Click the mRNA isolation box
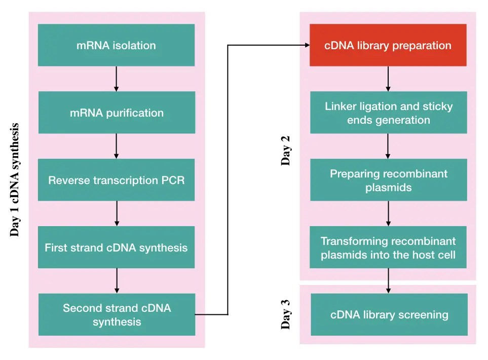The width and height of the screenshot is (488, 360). pyautogui.click(x=116, y=45)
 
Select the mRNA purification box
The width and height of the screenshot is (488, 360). pyautogui.click(x=117, y=113)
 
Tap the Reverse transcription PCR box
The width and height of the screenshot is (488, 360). pyautogui.click(x=117, y=180)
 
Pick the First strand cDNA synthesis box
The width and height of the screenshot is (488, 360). pyautogui.click(x=116, y=247)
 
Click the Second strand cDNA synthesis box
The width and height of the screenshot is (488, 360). pyautogui.click(x=117, y=314)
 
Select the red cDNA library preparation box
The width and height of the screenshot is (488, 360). pyautogui.click(x=388, y=45)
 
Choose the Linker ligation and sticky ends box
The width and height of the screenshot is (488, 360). pyautogui.click(x=389, y=113)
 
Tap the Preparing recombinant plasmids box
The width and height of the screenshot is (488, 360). pyautogui.click(x=389, y=181)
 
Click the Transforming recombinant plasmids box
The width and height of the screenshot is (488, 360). pyautogui.click(x=389, y=248)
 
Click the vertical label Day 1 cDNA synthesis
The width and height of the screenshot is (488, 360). pyautogui.click(x=15, y=179)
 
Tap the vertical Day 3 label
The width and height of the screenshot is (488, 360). pyautogui.click(x=286, y=314)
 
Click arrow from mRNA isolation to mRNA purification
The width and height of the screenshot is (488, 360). pyautogui.click(x=117, y=79)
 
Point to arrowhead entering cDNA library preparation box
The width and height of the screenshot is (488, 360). pyautogui.click(x=306, y=45)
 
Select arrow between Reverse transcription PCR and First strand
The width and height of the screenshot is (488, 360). pyautogui.click(x=117, y=213)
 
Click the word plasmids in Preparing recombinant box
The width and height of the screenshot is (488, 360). pyautogui.click(x=388, y=188)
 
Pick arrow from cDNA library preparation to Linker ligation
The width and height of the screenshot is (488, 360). pyautogui.click(x=389, y=79)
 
